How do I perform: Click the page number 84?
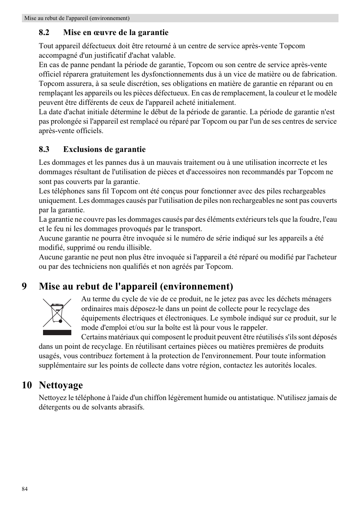(x=25, y=489)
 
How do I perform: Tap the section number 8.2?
(x=44, y=32)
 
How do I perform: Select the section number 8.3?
(x=44, y=149)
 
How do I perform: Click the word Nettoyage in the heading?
(x=61, y=385)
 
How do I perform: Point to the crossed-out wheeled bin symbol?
(x=57, y=313)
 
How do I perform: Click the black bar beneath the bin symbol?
(x=57, y=333)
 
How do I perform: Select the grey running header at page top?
(x=180, y=18)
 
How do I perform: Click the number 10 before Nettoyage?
(x=27, y=385)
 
